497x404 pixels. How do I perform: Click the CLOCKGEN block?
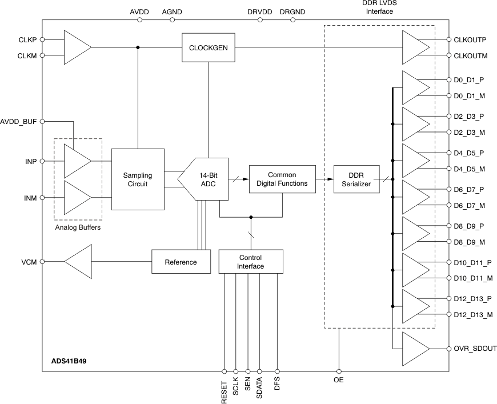click(208, 47)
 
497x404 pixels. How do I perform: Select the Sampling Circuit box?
click(138, 179)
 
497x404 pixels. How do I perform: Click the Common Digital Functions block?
click(282, 179)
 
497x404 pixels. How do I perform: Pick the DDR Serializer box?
click(356, 179)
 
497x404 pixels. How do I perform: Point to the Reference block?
click(181, 262)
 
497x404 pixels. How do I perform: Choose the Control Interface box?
click(251, 262)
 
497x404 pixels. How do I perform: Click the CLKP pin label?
click(28, 40)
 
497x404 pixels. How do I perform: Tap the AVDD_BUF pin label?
click(19, 121)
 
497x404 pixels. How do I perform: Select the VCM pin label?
click(29, 262)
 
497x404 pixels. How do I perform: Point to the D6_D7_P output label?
click(468, 189)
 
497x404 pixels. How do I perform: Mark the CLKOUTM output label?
click(471, 55)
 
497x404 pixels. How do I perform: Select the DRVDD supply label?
click(260, 11)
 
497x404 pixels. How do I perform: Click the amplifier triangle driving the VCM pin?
click(78, 262)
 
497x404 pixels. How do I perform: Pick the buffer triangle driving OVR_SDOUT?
click(416, 349)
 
